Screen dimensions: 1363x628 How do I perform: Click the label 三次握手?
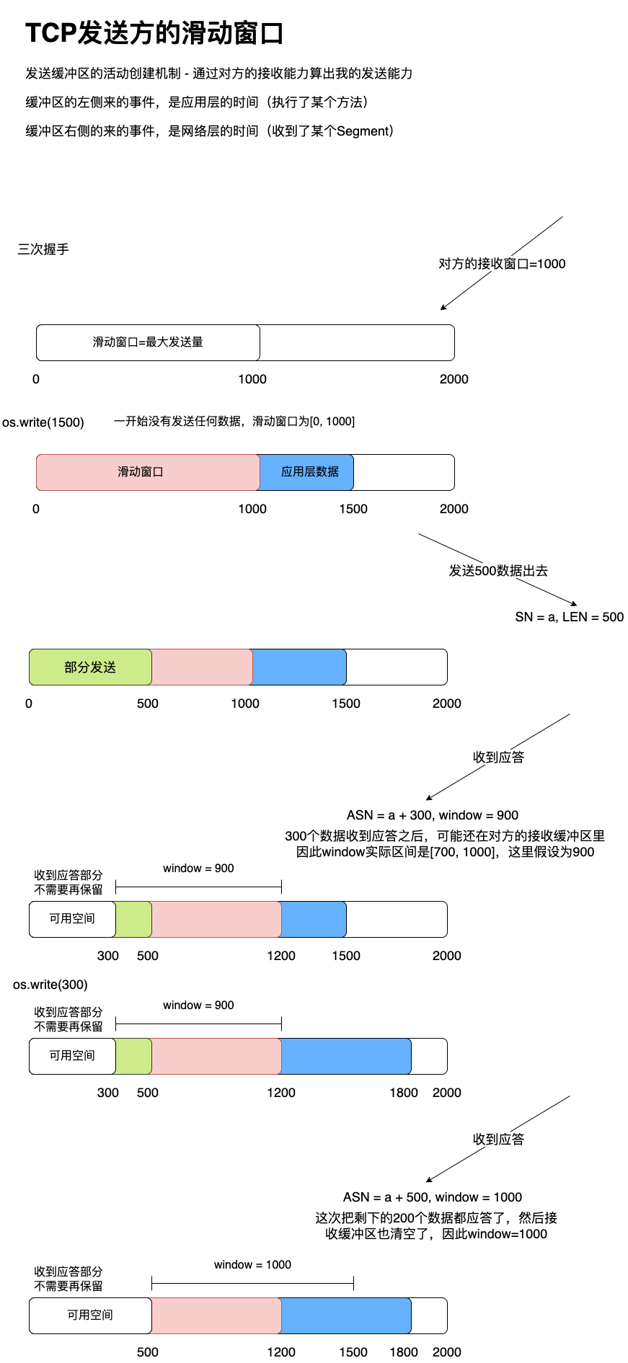[43, 249]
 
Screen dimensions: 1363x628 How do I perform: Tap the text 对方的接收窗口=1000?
[502, 264]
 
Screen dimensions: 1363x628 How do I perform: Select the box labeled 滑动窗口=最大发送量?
[148, 342]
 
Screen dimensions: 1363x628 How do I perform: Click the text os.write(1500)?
[43, 422]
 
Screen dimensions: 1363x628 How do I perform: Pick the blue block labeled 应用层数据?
[309, 472]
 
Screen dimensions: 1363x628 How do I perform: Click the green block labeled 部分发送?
[90, 667]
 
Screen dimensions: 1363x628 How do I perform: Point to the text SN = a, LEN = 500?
[569, 617]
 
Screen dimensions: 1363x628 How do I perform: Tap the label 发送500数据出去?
[498, 571]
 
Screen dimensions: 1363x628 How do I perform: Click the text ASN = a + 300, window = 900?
[433, 815]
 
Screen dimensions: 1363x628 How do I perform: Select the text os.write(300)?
[50, 985]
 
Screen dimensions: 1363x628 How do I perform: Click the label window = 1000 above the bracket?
[252, 1265]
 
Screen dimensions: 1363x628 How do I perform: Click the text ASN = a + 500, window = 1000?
[433, 1197]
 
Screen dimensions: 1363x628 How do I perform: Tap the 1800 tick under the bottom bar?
[404, 1352]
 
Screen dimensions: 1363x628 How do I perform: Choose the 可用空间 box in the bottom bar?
[90, 1315]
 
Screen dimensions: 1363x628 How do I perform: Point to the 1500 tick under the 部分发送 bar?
[346, 703]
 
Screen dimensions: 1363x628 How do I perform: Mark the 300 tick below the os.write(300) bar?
[108, 1093]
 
